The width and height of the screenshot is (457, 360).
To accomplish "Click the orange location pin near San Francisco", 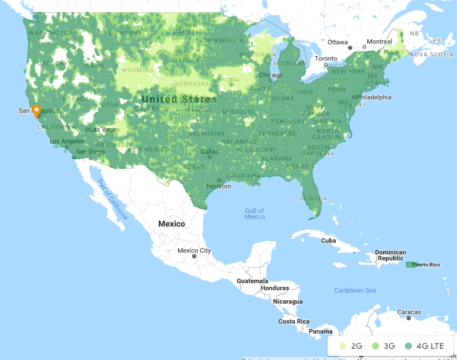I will pyautogui.click(x=36, y=111).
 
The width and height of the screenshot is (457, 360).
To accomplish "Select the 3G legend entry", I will pyautogui.click(x=383, y=346).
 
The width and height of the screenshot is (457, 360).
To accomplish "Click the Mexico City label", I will pyautogui.click(x=194, y=251).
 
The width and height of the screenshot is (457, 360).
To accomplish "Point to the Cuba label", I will pyautogui.click(x=329, y=241).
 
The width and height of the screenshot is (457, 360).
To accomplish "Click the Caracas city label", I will pyautogui.click(x=409, y=312).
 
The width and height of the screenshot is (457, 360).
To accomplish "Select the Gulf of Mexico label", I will pyautogui.click(x=255, y=214).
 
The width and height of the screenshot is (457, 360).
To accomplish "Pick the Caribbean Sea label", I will pyautogui.click(x=355, y=290).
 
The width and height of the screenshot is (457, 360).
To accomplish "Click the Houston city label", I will pyautogui.click(x=219, y=186).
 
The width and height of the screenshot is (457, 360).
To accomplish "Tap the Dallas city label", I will pyautogui.click(x=210, y=152).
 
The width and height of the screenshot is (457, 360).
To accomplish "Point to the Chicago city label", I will pyautogui.click(x=271, y=75).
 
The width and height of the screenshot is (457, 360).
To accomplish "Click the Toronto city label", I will pyautogui.click(x=326, y=59).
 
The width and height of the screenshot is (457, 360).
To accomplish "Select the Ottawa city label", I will pyautogui.click(x=337, y=42).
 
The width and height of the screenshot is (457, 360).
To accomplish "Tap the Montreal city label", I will pyautogui.click(x=379, y=42).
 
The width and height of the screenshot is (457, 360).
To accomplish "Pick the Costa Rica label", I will pyautogui.click(x=294, y=321).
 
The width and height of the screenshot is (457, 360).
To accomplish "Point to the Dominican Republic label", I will pyautogui.click(x=391, y=255).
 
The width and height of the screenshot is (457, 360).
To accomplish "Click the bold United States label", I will pyautogui.click(x=179, y=99).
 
